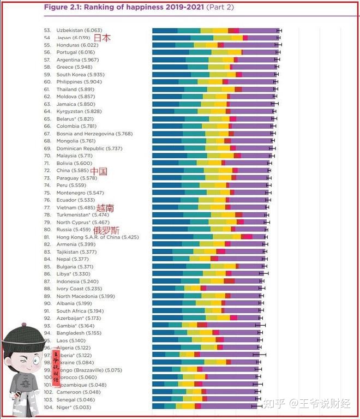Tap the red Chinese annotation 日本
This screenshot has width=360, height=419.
[x=102, y=38]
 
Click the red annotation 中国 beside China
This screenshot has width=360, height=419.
[x=99, y=171]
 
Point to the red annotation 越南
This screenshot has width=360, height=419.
[x=105, y=208]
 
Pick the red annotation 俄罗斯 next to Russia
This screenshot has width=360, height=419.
[x=106, y=230]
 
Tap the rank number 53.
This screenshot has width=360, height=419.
[x=47, y=31]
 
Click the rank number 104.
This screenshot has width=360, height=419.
[x=48, y=406]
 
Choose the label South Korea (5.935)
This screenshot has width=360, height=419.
[x=80, y=75]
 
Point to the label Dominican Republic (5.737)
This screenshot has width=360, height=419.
[x=89, y=148]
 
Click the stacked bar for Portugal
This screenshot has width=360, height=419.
[x=215, y=52]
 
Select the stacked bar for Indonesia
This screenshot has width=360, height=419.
[x=207, y=282]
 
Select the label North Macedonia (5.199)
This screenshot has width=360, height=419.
[x=86, y=296]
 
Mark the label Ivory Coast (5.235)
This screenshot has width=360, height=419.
[x=79, y=289]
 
